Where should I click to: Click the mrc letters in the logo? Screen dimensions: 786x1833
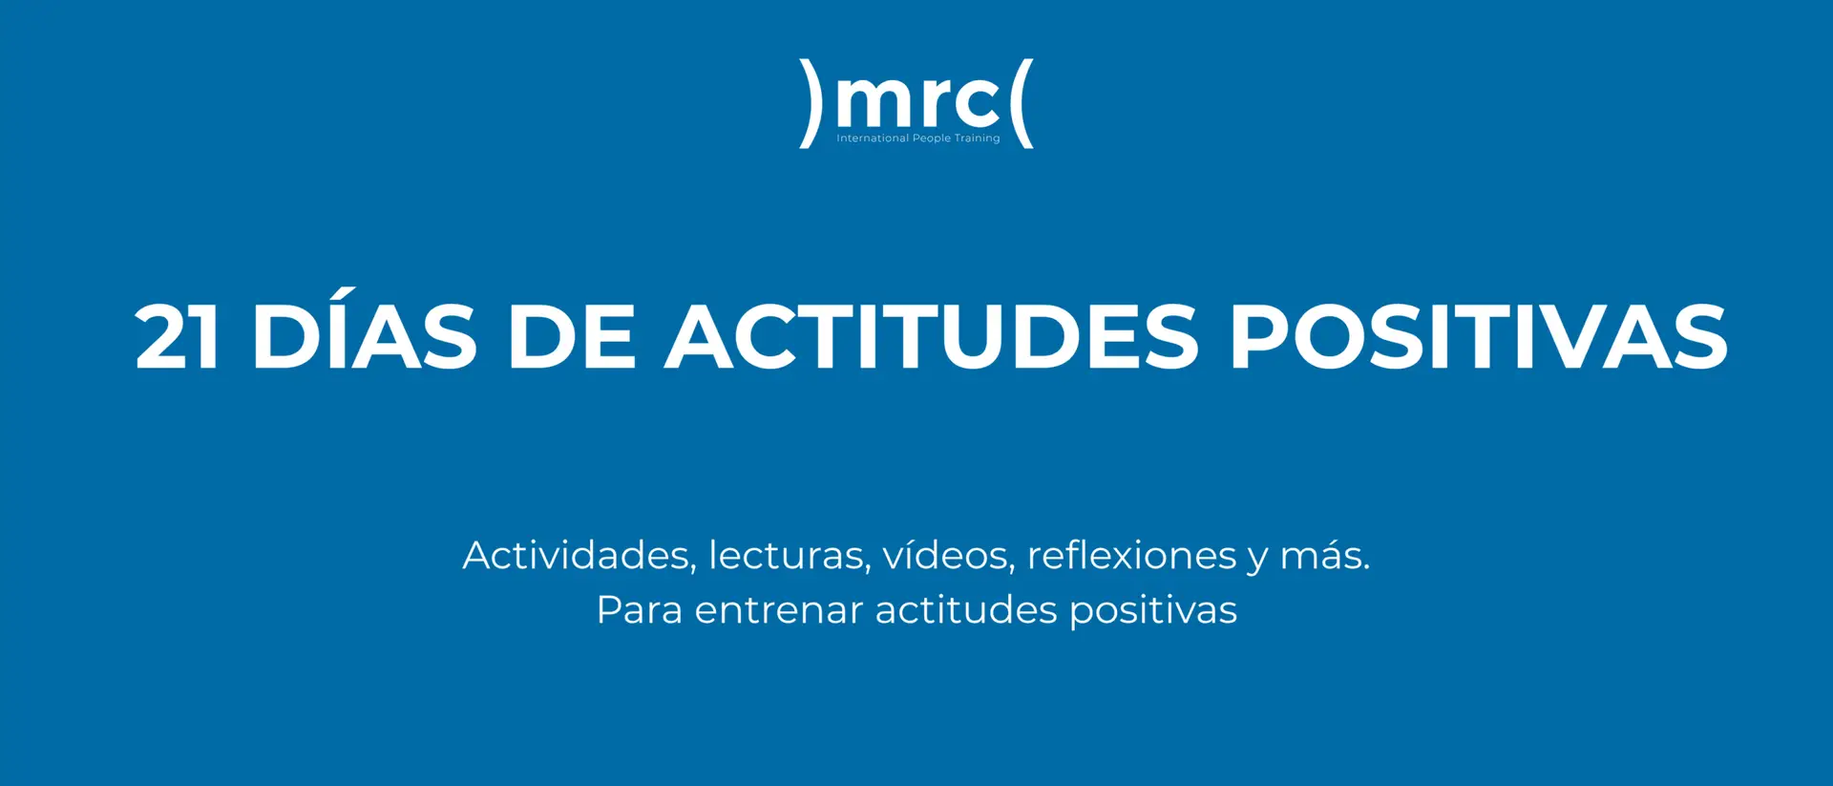click(917, 99)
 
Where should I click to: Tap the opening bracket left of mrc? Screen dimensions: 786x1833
click(811, 103)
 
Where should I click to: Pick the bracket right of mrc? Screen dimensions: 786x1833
click(1022, 103)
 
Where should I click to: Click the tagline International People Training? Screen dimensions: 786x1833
click(917, 138)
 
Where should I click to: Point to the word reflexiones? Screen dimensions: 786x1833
click(1131, 556)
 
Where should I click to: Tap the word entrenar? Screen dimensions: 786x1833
click(778, 610)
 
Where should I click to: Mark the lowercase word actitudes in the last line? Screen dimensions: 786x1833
click(965, 610)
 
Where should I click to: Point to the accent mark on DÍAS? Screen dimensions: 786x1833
click(346, 293)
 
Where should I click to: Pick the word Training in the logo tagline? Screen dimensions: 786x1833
click(978, 138)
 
